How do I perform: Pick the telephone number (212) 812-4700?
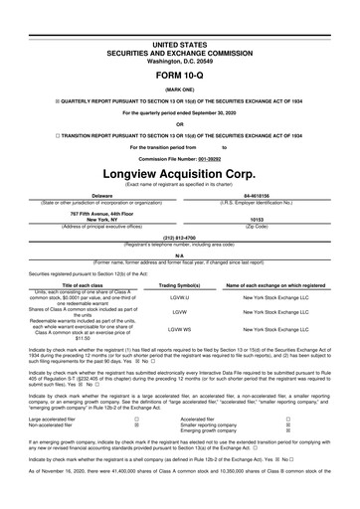(180, 238)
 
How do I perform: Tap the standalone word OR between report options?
(180, 123)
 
